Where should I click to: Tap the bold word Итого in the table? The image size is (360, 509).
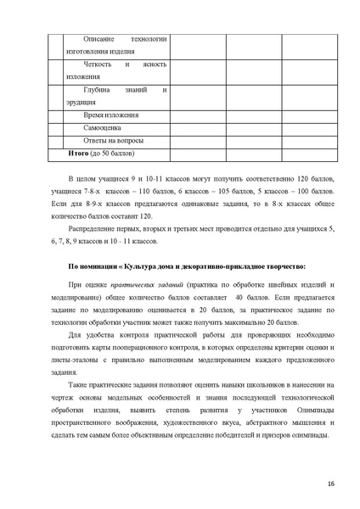click(x=79, y=153)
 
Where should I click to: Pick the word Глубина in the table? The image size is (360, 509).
click(x=98, y=89)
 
